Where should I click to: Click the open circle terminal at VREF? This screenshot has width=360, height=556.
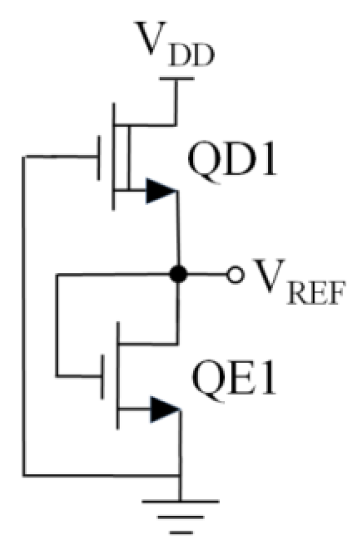coord(236,275)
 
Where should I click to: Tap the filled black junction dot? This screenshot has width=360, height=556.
coord(179,275)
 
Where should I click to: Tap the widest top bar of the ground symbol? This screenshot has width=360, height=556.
coord(180,501)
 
